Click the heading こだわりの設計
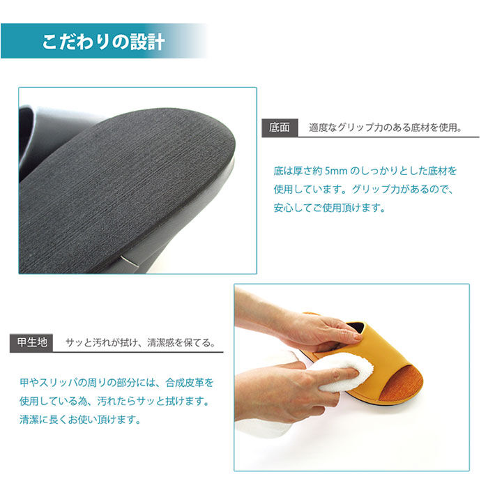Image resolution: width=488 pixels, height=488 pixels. coord(103,41)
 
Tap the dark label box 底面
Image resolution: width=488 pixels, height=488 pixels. coord(280,128)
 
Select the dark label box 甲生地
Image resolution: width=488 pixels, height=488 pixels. coord(31,343)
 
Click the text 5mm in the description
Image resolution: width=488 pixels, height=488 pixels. coord(336,171)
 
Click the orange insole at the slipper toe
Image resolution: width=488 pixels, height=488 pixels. coord(402,382)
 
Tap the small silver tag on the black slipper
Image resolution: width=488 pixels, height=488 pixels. coord(128,259)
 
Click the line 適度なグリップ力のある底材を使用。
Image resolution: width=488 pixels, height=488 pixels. coord(386,128)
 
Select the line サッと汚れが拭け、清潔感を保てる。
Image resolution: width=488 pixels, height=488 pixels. coord(141,343)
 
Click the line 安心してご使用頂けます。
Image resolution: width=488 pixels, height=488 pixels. coord(330,208)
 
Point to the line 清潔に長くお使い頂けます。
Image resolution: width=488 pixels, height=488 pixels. coord(80,420)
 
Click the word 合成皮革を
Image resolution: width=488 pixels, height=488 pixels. coord(190,383)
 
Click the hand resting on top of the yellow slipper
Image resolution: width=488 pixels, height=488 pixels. coord(311,330)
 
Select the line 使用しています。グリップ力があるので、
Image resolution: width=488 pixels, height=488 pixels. coord(363,189)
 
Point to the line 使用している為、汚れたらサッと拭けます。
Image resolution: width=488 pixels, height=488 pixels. coord(114,401)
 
